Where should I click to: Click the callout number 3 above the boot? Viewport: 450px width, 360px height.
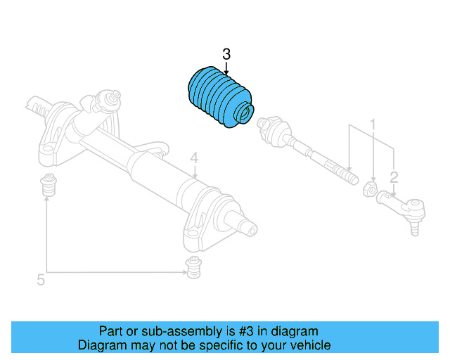226,54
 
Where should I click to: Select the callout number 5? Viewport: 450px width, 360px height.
40,281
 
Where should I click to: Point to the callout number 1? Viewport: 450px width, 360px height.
373,124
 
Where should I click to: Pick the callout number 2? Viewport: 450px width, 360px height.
394,176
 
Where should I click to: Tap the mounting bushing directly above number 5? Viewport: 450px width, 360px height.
48,186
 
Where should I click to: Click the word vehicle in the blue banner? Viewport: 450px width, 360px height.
310,345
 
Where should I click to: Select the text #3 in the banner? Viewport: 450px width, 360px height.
244,331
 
